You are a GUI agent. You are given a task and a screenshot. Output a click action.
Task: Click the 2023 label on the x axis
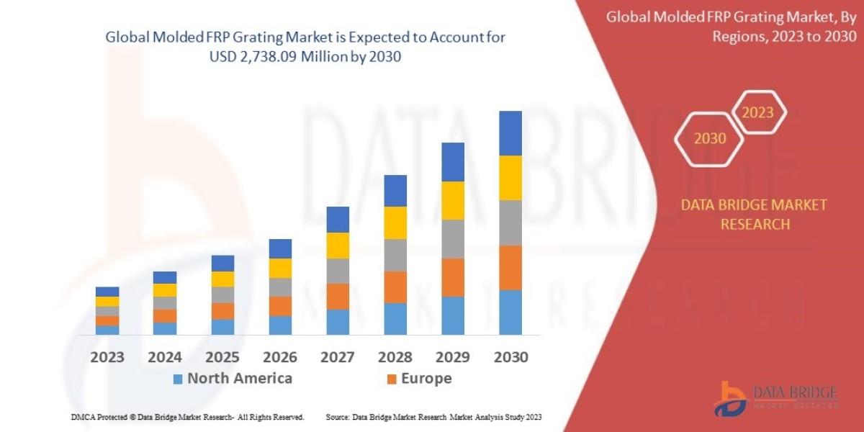[x=107, y=357]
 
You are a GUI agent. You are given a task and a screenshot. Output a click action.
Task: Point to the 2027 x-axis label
[x=337, y=357]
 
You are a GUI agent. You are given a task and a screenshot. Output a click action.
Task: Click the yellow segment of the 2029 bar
[x=452, y=200]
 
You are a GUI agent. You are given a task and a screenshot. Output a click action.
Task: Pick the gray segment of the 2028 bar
[x=395, y=255]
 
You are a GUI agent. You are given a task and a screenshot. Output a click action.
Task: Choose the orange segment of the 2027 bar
[x=338, y=296]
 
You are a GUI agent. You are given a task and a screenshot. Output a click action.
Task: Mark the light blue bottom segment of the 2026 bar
[x=280, y=325]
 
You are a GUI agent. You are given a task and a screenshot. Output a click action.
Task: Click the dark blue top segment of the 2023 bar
[x=107, y=292]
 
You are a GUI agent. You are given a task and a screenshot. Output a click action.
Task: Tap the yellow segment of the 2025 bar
[x=222, y=279]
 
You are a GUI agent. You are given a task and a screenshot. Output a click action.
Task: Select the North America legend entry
[x=232, y=379]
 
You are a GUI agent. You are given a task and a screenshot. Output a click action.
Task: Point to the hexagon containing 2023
[x=757, y=112]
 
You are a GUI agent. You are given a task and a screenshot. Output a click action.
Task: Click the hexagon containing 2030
[x=710, y=138]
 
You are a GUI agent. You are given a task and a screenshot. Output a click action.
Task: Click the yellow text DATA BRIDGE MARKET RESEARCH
[x=754, y=215]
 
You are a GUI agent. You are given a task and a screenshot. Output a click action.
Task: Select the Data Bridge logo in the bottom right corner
[x=775, y=398]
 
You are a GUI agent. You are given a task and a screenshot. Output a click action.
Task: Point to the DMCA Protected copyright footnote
[x=187, y=417]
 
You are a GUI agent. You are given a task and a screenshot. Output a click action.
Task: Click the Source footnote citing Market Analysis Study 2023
[x=433, y=417]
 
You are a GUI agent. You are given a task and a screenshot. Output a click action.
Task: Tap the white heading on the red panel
[x=734, y=27]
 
